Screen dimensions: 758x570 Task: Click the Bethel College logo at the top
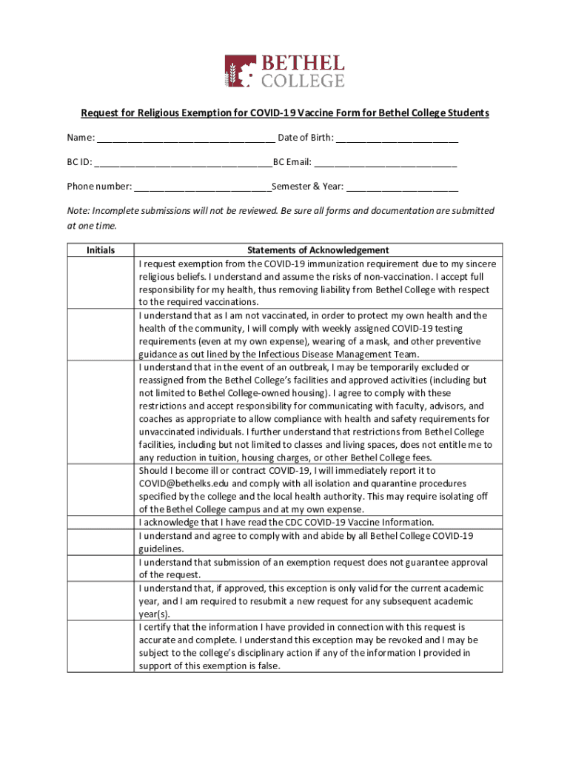point(284,70)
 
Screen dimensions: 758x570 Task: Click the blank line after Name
point(185,138)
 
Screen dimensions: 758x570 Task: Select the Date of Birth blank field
point(397,138)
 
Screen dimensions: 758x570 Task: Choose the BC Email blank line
point(385,162)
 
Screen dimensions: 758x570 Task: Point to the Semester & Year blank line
point(402,187)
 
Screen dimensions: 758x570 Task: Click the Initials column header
point(101,250)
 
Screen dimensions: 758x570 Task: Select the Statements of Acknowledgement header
point(318,250)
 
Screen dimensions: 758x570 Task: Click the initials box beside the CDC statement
point(101,523)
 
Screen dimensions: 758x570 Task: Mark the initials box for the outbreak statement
point(101,412)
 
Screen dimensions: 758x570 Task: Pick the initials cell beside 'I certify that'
point(101,646)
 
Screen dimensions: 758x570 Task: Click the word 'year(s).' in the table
point(154,614)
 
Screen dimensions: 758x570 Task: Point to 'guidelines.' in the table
point(161,549)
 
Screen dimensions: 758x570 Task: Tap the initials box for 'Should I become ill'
point(101,490)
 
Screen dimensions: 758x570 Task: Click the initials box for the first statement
point(101,283)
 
